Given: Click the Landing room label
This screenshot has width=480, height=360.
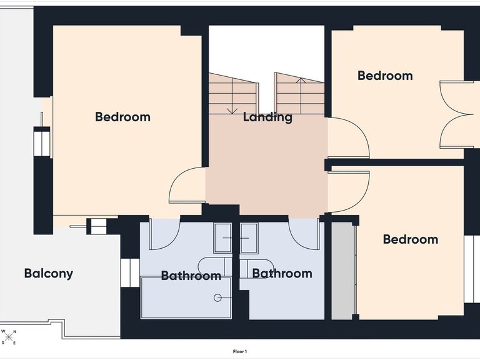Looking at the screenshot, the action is [267, 117].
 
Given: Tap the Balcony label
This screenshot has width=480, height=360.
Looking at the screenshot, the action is [49, 273].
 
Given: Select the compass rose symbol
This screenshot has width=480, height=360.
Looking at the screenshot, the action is [9, 337].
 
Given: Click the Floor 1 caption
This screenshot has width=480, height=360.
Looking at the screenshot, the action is [240, 352].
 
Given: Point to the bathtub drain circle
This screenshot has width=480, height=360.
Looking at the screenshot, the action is [217, 297].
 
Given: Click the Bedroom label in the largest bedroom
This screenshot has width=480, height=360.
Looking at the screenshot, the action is [122, 117].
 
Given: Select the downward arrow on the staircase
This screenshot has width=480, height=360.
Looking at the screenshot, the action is [232, 96].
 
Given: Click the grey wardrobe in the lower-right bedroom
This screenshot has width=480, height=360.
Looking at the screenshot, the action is [343, 271].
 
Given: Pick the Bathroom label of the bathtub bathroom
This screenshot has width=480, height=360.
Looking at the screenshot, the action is [191, 276].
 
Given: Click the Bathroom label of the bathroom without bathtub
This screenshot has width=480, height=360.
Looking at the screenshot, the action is [282, 273].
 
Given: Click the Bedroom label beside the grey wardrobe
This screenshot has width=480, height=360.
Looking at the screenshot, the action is [411, 239].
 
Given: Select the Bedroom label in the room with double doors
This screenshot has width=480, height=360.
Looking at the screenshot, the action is [385, 76].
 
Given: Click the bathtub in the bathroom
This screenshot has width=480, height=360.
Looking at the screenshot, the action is [186, 297].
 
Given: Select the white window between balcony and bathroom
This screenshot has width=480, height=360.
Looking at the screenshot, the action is [130, 272].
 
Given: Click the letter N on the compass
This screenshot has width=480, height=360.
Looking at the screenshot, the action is [15, 331].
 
